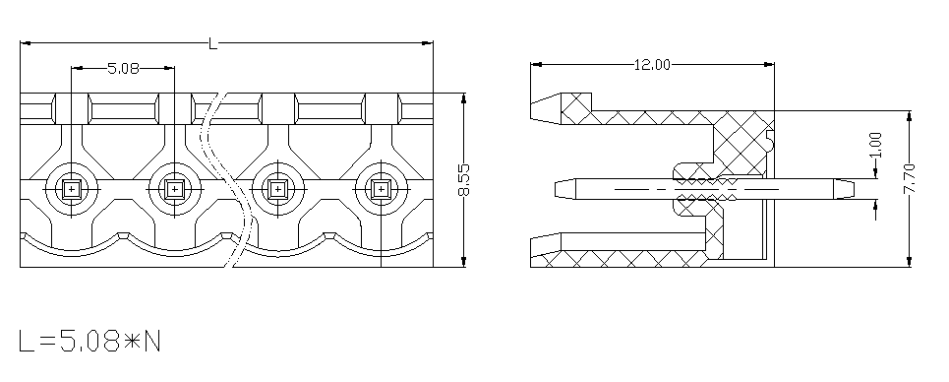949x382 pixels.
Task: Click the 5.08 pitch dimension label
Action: tap(123, 69)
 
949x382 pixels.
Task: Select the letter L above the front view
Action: tap(213, 43)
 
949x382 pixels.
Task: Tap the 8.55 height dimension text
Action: tap(463, 180)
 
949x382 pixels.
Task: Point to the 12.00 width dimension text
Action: tap(652, 64)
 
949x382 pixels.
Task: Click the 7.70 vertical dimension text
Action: tap(910, 178)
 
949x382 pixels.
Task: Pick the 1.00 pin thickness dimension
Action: tap(876, 145)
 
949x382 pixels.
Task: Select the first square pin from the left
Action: tap(72, 190)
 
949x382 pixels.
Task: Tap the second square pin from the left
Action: tap(174, 190)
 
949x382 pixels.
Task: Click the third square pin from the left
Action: tap(277, 190)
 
